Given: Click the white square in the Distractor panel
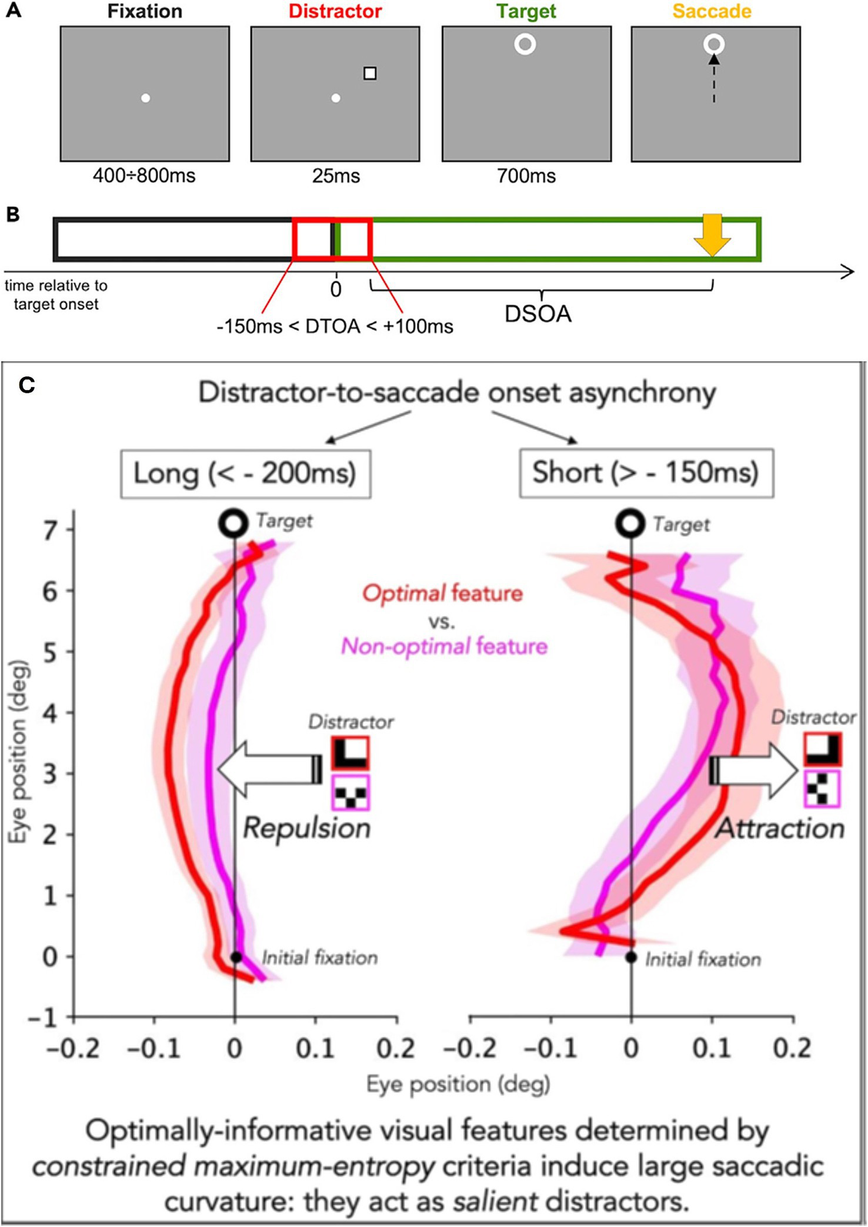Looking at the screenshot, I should [x=370, y=74].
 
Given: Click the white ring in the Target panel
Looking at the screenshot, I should [x=525, y=44].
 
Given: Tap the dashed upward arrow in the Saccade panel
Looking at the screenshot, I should [x=714, y=79].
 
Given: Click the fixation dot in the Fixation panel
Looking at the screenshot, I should [x=146, y=98].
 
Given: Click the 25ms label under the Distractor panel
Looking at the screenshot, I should [x=336, y=176].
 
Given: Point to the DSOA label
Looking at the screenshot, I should [x=538, y=314].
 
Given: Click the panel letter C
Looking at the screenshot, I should [x=27, y=385].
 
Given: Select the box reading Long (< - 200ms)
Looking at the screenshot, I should [x=245, y=474].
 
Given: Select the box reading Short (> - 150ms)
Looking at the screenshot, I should [x=646, y=473].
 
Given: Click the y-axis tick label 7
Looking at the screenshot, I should [x=51, y=530].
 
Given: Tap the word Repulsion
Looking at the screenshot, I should [x=306, y=828].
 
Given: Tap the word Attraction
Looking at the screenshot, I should [x=780, y=828].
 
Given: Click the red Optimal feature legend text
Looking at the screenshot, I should [x=442, y=593].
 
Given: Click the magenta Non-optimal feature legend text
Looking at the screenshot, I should [x=444, y=646].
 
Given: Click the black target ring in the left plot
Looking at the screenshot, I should [x=233, y=523].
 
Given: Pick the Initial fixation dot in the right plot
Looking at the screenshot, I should [x=631, y=958].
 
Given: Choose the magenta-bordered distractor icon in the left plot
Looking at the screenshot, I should [x=350, y=793].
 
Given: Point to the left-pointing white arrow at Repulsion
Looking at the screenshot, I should [x=268, y=769].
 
